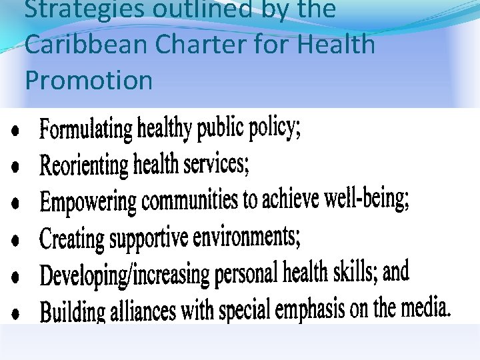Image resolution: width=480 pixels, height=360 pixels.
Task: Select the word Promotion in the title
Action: (x=89, y=81)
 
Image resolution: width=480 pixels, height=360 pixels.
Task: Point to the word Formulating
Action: (x=87, y=128)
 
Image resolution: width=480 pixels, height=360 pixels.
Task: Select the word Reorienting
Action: (x=84, y=164)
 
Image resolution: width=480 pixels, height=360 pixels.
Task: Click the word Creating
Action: (x=72, y=237)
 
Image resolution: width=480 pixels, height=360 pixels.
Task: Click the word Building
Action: (x=73, y=311)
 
